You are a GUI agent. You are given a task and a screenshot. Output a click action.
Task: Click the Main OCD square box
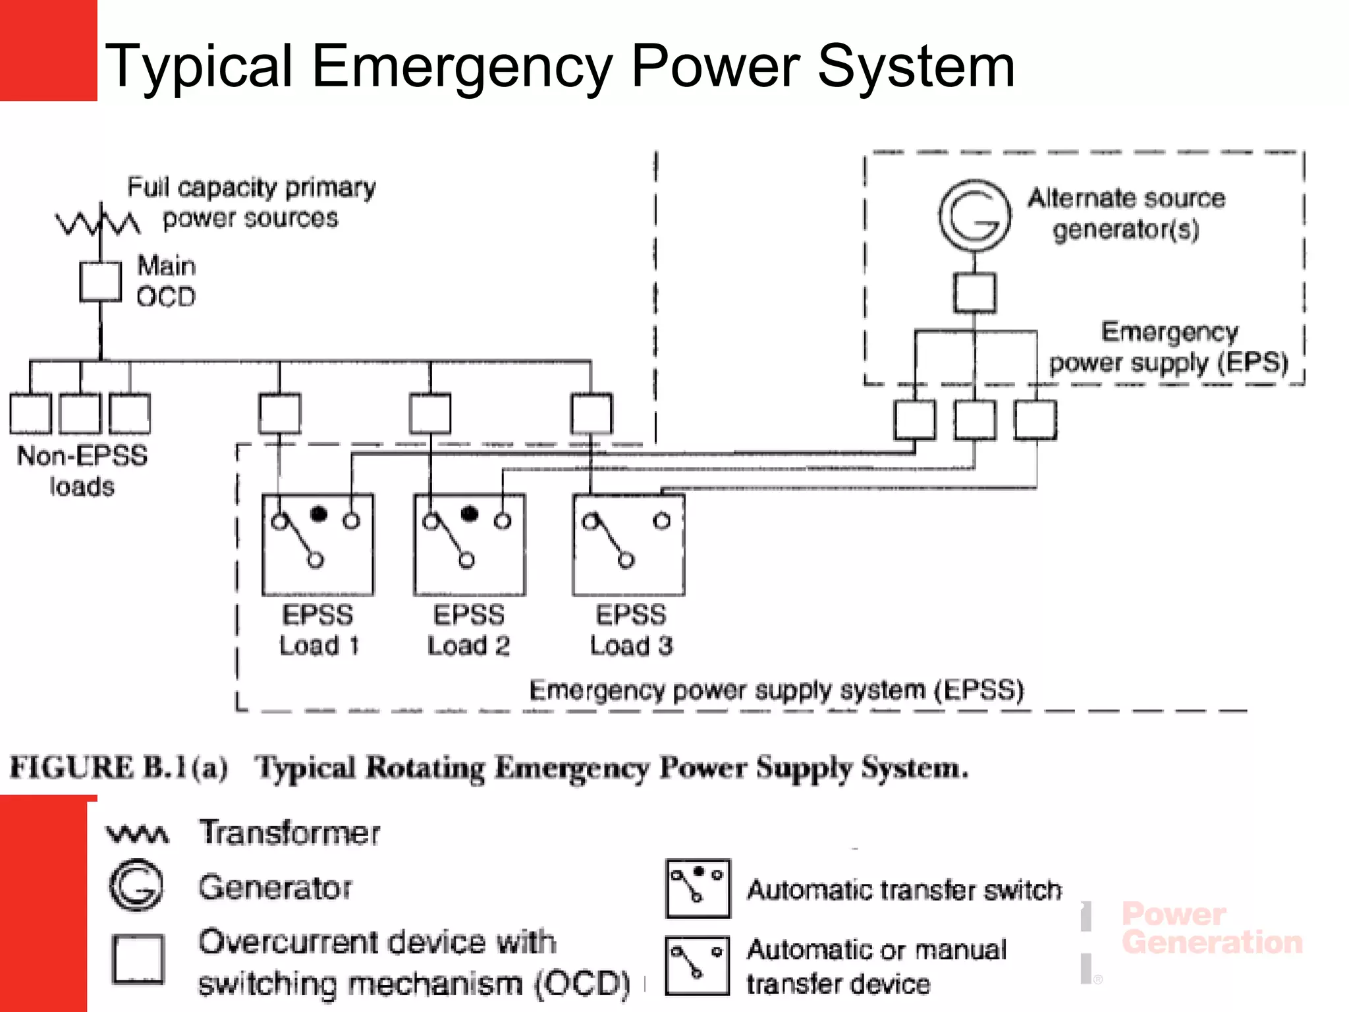tap(100, 282)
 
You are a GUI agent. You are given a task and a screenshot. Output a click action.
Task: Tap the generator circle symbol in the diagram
tap(975, 215)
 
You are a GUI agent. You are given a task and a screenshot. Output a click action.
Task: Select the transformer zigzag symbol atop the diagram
tap(97, 223)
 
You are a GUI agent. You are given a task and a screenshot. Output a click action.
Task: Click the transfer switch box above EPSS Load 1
tap(317, 544)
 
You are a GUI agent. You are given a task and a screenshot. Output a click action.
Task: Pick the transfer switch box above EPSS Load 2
tap(469, 544)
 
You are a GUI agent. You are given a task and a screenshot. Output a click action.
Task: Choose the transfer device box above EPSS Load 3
tap(628, 544)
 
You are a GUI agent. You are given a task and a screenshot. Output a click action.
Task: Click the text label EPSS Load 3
tap(631, 630)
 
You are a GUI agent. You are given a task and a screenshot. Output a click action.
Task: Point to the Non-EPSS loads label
tap(82, 470)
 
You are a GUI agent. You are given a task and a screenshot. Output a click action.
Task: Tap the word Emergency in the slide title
tap(462, 66)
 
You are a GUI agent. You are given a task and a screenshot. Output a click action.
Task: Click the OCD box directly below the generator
tap(975, 293)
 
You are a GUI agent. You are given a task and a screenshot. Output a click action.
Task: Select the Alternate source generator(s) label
tap(1126, 213)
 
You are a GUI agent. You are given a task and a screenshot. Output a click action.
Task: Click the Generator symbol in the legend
tap(136, 885)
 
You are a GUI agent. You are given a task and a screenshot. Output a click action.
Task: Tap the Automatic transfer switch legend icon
tap(698, 888)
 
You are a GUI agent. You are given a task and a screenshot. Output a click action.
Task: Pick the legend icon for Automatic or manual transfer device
tap(698, 965)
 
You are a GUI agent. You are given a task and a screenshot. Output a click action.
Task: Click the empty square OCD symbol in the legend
tap(138, 959)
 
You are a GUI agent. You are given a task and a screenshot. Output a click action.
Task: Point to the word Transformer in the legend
tap(289, 832)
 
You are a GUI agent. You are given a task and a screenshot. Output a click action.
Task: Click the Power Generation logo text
tap(1211, 928)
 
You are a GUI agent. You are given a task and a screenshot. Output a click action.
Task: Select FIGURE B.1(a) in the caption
tap(119, 768)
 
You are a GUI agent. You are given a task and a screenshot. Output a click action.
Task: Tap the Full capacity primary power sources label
tap(251, 202)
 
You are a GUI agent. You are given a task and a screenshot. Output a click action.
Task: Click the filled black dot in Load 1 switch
tap(319, 513)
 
